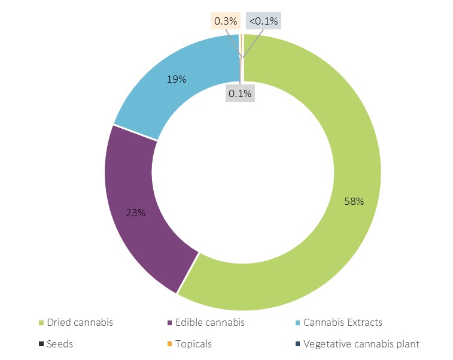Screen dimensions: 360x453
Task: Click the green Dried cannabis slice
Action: (335, 240)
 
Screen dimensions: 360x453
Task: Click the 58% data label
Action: (354, 201)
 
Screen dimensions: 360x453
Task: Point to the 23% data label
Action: (135, 212)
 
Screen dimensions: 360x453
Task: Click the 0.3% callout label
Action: (226, 22)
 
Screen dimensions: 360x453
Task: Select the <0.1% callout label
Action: (263, 22)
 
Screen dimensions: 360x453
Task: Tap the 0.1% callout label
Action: (240, 93)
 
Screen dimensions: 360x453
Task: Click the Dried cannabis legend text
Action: (80, 322)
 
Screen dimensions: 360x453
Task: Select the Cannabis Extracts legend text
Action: (342, 322)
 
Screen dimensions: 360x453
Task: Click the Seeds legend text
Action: (60, 344)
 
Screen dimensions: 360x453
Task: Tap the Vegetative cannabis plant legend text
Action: (361, 344)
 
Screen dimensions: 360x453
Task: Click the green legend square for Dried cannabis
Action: (41, 323)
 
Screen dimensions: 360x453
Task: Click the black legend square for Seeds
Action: (41, 344)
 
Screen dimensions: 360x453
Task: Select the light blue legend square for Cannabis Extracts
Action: (298, 323)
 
